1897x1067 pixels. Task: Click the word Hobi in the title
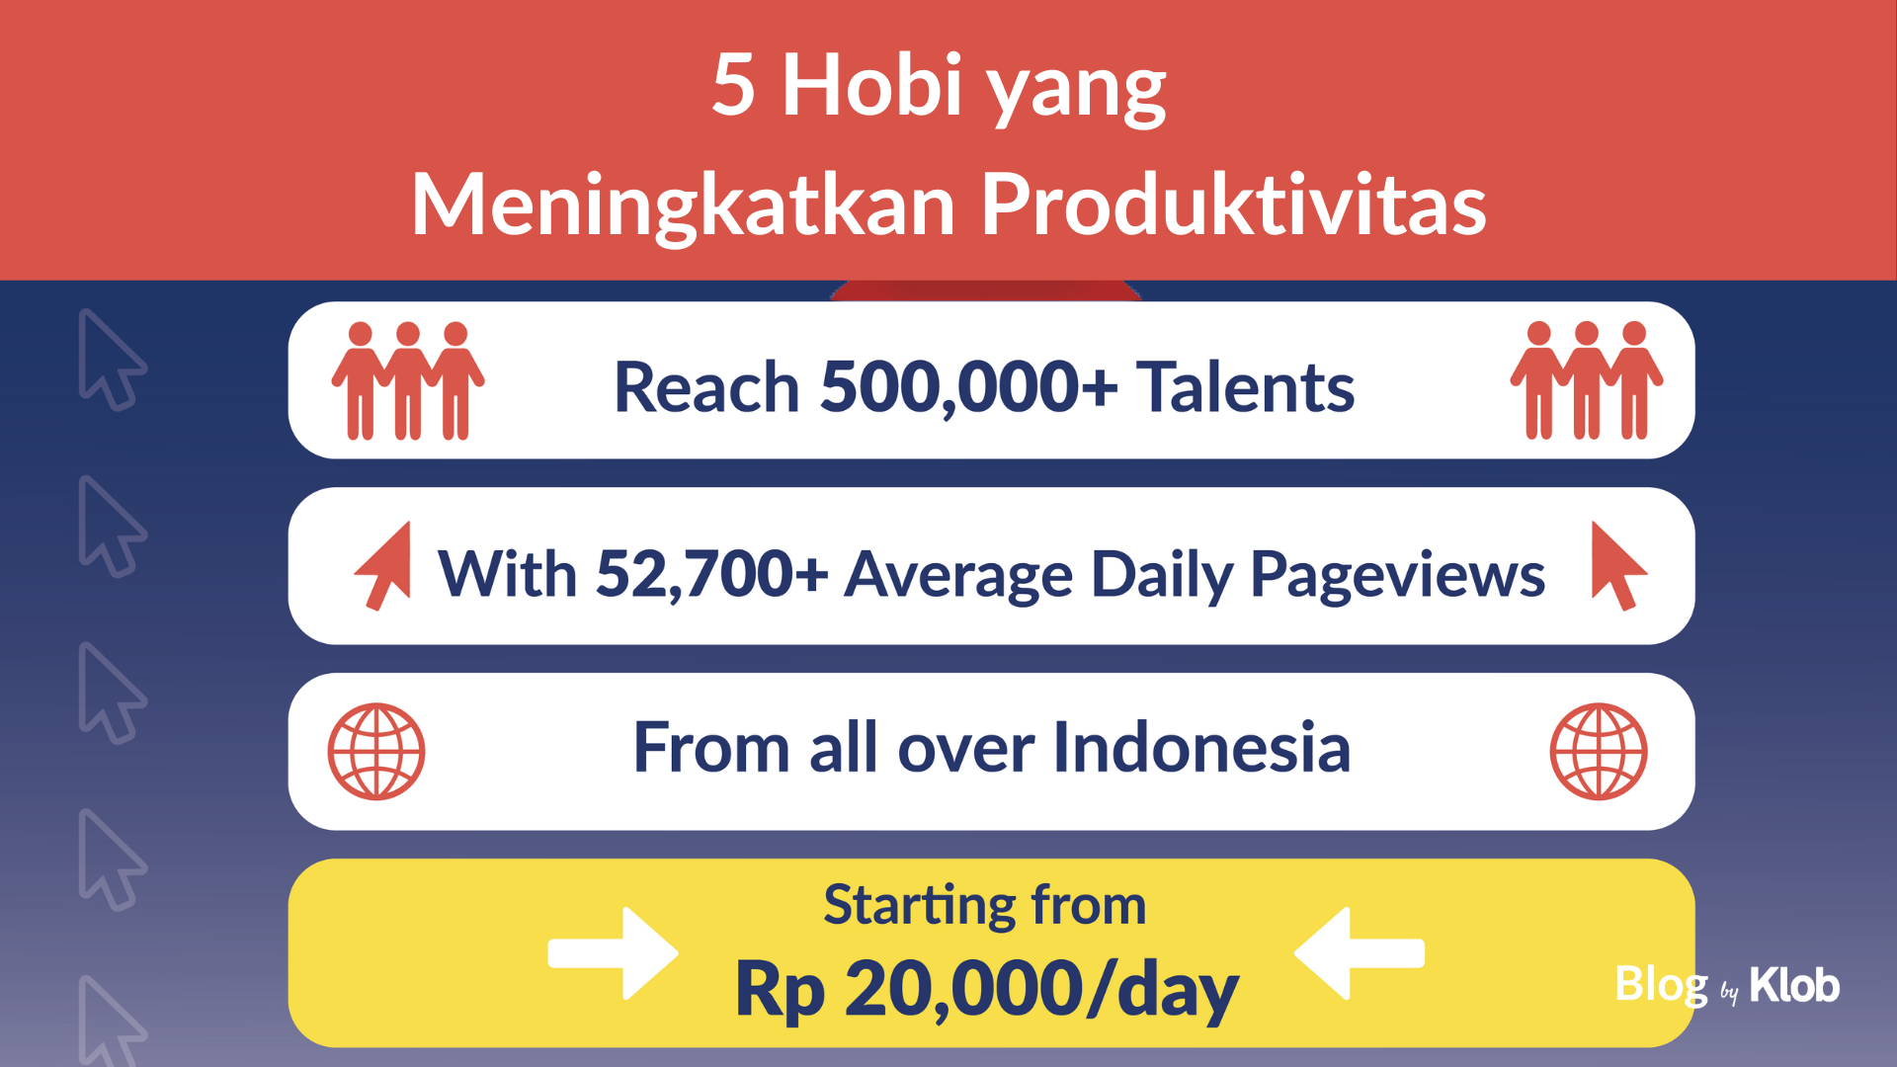point(871,85)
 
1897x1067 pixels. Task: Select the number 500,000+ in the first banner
point(969,387)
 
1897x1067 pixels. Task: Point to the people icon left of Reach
point(408,380)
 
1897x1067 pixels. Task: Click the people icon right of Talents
point(1587,380)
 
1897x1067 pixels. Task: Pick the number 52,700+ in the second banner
point(712,574)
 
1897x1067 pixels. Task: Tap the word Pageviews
point(1397,576)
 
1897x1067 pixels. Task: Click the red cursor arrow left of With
point(383,566)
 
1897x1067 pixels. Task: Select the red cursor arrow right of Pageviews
point(1618,566)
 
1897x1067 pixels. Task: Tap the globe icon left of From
point(376,752)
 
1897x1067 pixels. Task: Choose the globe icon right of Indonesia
point(1599,752)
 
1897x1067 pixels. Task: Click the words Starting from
point(985,905)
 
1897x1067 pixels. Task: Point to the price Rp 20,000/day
point(986,990)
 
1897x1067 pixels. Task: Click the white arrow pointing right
point(614,953)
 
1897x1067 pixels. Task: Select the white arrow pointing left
point(1360,953)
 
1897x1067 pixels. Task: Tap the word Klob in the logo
point(1794,985)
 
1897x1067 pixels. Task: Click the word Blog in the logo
point(1662,986)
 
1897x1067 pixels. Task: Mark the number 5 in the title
point(734,85)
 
